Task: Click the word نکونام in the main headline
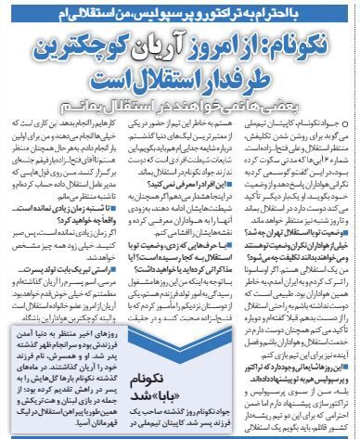tap(311, 45)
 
